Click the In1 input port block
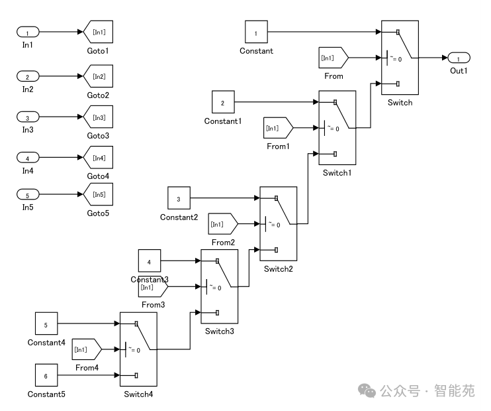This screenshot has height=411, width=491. [28, 32]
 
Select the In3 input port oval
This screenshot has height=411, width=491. [28, 117]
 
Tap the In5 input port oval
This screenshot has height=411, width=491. [28, 195]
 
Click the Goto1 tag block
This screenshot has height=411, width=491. [98, 32]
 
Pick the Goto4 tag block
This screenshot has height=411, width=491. [98, 158]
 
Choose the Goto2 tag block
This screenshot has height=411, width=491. [98, 77]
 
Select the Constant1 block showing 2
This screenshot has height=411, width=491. [223, 103]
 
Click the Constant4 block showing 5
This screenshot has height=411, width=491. [46, 325]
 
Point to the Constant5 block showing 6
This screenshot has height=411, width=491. [46, 376]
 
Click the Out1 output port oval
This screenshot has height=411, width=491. [459, 58]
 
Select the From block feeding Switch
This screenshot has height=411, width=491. [332, 58]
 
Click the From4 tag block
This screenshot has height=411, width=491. [85, 349]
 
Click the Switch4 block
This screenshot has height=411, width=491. [138, 349]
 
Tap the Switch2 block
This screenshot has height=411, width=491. [279, 224]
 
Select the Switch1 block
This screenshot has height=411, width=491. [337, 128]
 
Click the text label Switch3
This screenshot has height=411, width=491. [219, 331]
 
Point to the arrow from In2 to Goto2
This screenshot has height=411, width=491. [61, 77]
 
